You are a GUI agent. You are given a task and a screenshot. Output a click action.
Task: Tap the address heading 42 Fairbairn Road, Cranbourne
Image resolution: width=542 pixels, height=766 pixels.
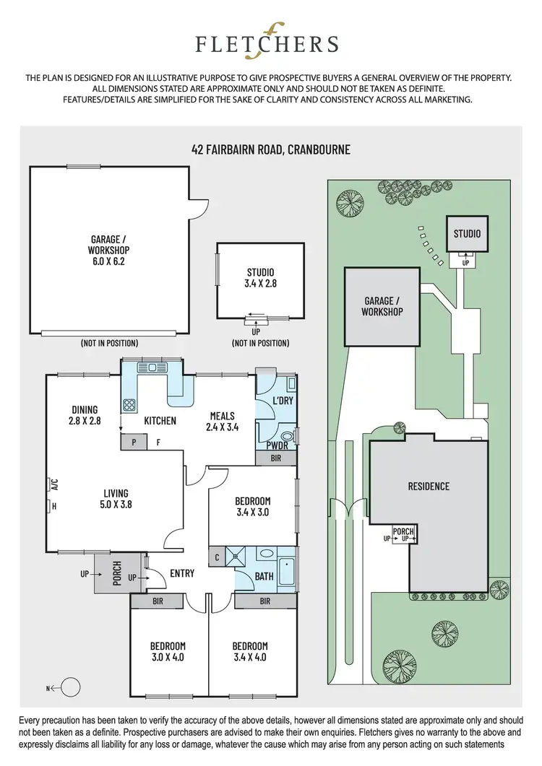pos(271,150)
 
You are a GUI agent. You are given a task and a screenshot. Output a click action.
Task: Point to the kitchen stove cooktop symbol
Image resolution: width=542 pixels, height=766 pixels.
pos(130,405)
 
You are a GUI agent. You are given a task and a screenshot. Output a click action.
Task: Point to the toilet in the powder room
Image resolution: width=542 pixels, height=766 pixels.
pos(287,436)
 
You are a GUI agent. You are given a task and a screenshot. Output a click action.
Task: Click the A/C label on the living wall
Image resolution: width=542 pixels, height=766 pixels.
pos(53,483)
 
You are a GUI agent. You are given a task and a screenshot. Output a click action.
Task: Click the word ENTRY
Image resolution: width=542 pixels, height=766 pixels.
pos(182,573)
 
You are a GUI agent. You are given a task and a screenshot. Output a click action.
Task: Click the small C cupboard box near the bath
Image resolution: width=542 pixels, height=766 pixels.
pos(218,557)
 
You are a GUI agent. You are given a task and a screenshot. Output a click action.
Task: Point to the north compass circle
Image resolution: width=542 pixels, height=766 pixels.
pos(70,687)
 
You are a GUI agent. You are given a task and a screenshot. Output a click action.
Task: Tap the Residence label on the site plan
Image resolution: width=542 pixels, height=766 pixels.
pos(429,486)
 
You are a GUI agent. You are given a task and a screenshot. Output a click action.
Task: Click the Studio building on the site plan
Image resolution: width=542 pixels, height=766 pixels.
pos(467,234)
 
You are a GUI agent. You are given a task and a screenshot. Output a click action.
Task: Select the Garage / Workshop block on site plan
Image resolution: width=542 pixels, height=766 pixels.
pos(382,306)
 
